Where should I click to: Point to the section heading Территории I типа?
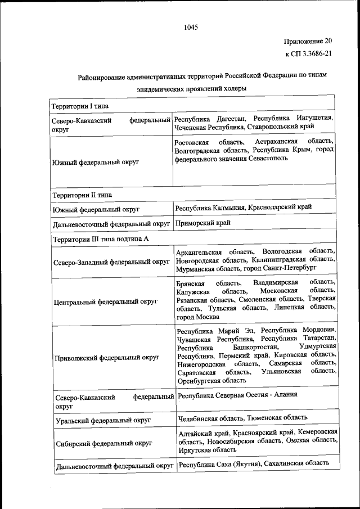point(80,106)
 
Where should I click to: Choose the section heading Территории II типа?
point(82,195)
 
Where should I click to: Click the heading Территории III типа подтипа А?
point(101,238)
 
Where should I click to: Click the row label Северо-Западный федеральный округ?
point(111,262)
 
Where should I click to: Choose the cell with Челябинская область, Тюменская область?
point(242,417)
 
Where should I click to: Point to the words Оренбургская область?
point(211,380)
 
